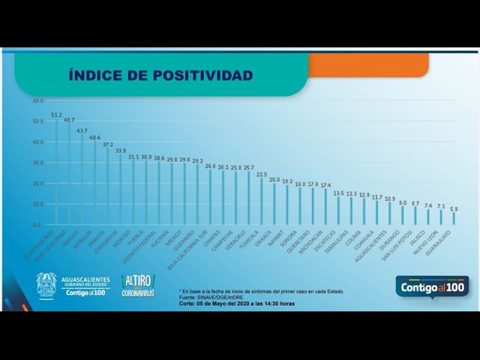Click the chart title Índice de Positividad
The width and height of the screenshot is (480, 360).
[161, 76]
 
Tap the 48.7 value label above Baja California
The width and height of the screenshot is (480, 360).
[70, 120]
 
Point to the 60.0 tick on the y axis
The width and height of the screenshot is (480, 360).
[37, 101]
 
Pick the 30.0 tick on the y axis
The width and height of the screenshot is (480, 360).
[37, 163]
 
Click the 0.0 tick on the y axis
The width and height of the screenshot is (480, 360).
[37, 225]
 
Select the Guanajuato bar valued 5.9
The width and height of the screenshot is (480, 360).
[454, 218]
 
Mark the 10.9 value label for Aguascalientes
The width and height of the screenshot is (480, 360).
[390, 198]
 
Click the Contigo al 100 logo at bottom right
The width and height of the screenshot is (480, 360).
[433, 286]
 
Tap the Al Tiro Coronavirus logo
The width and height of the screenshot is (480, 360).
[138, 286]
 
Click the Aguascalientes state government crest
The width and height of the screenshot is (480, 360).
[46, 284]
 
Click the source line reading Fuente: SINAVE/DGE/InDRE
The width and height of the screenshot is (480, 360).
[217, 297]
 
